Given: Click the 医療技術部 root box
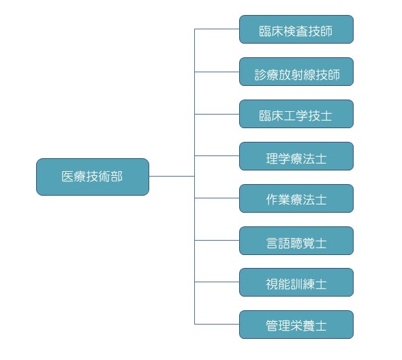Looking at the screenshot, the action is (x=93, y=177).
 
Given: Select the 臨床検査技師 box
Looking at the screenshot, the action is (x=296, y=29).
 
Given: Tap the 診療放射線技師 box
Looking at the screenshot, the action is (x=296, y=72).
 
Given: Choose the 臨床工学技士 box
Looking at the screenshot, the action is (x=296, y=114).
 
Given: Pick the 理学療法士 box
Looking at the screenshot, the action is (x=296, y=156).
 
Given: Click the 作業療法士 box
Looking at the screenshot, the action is (x=296, y=198).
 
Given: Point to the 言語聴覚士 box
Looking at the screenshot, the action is (x=296, y=241).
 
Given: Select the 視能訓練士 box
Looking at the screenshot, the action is (x=296, y=282).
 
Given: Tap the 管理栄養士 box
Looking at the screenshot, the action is (x=296, y=325).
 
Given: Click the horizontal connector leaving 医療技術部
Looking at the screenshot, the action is (x=172, y=177).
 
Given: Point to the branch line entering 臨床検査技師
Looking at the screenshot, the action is (x=217, y=29).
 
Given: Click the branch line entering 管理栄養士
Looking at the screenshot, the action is (x=217, y=324).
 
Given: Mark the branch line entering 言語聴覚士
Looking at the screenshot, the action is (x=217, y=240).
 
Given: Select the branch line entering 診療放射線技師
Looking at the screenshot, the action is (x=217, y=72).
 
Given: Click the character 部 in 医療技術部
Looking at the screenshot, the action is (x=117, y=177).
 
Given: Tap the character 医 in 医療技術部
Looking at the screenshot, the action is (x=67, y=177).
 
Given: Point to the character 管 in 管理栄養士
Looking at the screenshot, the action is (x=272, y=326).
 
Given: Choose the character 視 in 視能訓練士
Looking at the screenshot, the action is (x=272, y=284).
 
